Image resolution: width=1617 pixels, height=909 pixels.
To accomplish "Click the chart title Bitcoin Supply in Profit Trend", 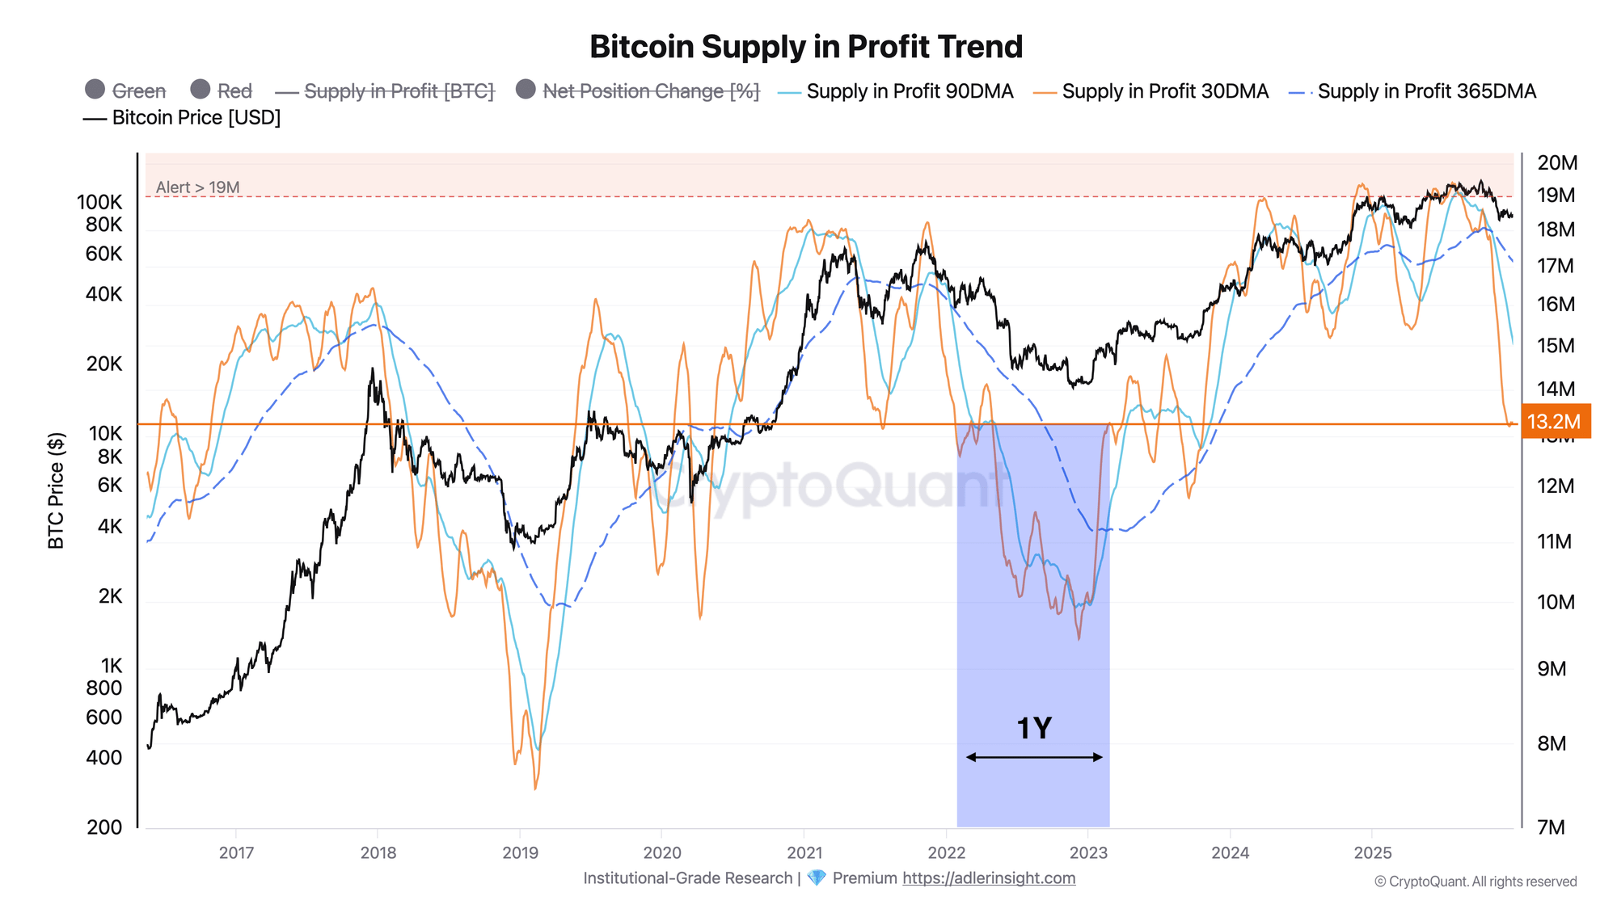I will click(806, 47).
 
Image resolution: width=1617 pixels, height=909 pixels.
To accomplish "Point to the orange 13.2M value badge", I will click(1554, 421).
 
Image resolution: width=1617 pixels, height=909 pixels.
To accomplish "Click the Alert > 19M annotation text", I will click(197, 187).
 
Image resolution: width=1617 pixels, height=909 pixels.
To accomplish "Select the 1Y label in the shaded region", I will click(1033, 728).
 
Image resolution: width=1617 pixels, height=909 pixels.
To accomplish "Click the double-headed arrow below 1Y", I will click(1033, 757).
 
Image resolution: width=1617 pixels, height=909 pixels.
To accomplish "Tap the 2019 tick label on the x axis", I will click(520, 852).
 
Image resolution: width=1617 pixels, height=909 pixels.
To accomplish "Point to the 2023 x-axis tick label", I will click(1088, 852).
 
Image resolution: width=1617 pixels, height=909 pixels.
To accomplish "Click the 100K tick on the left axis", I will click(99, 202).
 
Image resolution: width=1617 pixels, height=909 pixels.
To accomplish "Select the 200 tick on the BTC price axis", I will click(104, 827).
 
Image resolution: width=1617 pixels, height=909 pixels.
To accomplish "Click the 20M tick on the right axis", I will click(1556, 162).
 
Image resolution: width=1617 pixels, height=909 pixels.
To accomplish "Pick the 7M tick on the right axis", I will click(1551, 827).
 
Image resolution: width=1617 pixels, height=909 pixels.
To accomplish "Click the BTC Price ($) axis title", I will click(56, 490).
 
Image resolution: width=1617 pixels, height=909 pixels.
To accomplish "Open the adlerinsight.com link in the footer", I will click(988, 878).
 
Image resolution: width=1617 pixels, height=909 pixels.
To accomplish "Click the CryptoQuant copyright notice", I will click(1475, 882).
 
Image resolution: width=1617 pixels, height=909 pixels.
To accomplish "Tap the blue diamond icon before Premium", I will click(817, 878).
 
